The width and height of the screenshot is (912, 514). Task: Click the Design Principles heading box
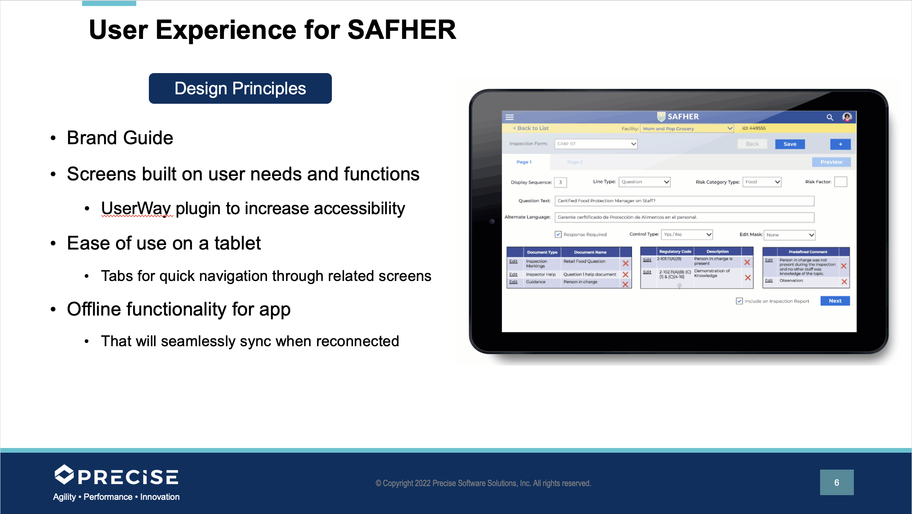[x=240, y=88]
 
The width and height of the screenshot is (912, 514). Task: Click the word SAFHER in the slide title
[x=401, y=30]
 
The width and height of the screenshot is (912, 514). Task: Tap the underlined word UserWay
[x=136, y=208]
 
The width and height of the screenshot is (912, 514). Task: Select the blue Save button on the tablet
[x=789, y=144]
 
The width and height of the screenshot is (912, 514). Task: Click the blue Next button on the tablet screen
[x=835, y=301]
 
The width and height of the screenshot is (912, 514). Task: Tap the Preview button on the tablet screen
[x=831, y=162]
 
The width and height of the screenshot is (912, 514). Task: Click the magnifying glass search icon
[x=830, y=117]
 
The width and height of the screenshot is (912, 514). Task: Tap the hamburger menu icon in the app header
[x=509, y=117]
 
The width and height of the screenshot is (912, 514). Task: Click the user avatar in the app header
[x=847, y=117]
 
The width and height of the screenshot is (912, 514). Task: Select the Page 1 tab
[x=524, y=162]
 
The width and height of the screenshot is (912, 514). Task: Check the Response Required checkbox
[x=558, y=234]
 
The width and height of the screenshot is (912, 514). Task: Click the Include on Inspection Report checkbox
[x=739, y=301]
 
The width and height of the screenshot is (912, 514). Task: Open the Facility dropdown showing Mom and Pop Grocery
[x=687, y=128]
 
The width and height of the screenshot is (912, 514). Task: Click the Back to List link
[x=531, y=128]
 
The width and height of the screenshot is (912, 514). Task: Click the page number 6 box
[x=836, y=482]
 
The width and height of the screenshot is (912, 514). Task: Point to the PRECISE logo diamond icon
[x=64, y=475]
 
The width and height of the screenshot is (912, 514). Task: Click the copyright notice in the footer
[x=483, y=483]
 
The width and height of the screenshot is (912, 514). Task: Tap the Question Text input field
[x=684, y=201]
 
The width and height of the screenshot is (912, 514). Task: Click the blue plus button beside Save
[x=840, y=144]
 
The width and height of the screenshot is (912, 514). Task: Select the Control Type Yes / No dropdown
[x=687, y=234]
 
